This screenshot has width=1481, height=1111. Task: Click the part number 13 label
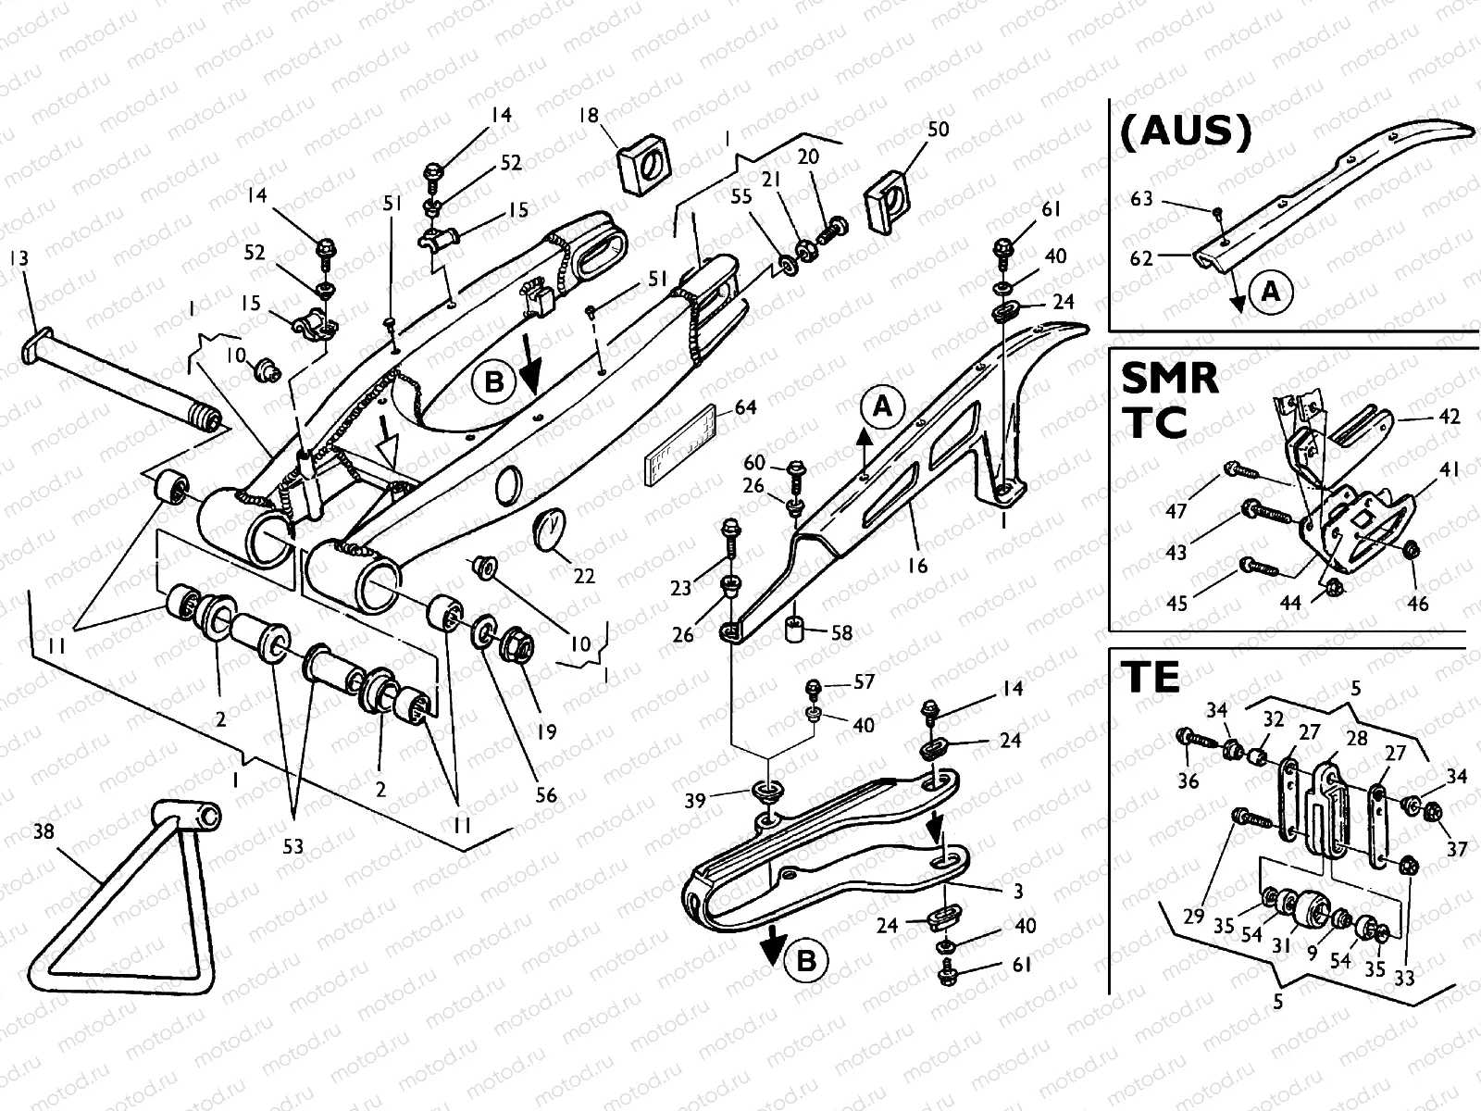19,258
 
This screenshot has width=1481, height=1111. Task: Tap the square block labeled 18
643,167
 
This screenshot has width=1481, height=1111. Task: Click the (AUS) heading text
1185,132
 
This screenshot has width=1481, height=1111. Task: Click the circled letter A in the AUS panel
1271,292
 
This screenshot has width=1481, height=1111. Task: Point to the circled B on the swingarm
493,381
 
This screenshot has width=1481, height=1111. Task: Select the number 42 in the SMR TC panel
1450,417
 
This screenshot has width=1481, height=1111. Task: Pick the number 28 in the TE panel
1357,739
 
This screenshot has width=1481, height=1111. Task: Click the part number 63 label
1142,199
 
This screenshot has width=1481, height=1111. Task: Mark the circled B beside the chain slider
806,961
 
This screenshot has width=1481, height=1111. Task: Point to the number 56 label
546,794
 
